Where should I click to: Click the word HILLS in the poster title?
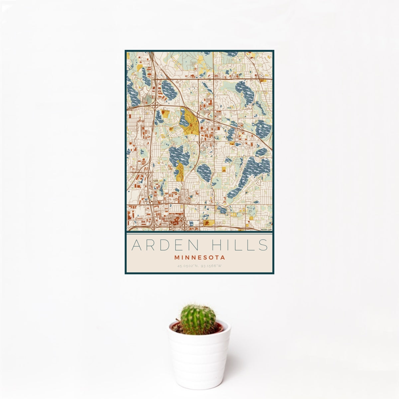tap(238, 245)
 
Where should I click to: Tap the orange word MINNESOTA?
tap(199, 257)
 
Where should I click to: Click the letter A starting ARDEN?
tap(136, 245)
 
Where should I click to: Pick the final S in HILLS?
tap(264, 245)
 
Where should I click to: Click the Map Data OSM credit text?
tap(266, 229)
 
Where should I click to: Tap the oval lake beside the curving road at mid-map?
tap(204, 172)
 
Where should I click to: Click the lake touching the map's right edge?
tap(263, 129)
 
